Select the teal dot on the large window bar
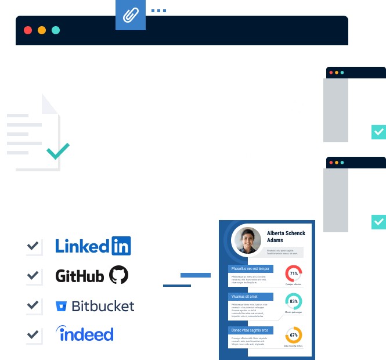click(56, 30)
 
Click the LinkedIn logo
click(93, 246)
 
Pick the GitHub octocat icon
click(118, 275)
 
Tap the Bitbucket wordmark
click(103, 306)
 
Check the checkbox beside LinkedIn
click(33, 246)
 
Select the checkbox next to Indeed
click(33, 334)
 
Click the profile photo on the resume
click(247, 240)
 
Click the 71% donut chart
click(294, 273)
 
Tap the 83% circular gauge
click(294, 302)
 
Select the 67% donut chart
click(294, 336)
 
